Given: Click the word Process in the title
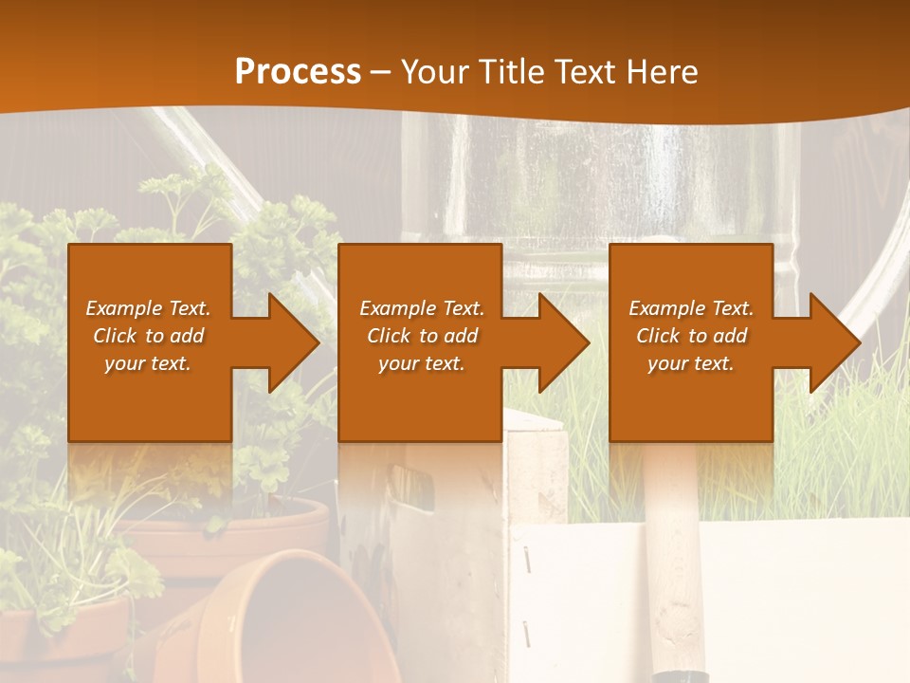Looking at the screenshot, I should (298, 72).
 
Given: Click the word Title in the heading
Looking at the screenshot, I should (508, 72).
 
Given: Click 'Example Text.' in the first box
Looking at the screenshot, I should (148, 308).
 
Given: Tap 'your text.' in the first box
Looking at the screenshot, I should (148, 363).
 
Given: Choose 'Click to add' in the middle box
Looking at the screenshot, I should (422, 336).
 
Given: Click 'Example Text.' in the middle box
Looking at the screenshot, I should (422, 308).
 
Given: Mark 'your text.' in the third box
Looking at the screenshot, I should (691, 363).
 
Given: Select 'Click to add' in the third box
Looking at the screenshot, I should (691, 336).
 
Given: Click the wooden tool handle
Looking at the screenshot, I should (675, 569).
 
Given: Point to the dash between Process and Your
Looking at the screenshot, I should (380, 72).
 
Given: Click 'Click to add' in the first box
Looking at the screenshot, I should (148, 336).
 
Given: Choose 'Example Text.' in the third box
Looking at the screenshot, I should (691, 308).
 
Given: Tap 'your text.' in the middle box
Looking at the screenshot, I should (422, 363).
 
